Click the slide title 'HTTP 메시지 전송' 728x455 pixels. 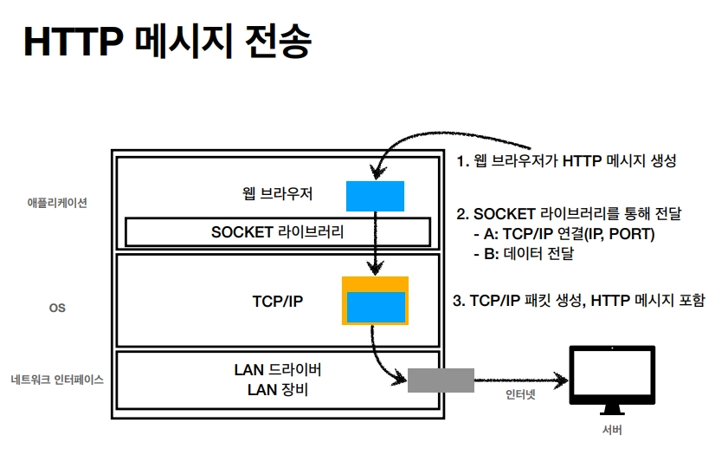click(x=167, y=42)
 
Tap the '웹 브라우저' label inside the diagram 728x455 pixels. click(x=278, y=193)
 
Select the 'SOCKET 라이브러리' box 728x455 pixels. click(x=278, y=232)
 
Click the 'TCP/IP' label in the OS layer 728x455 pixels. click(x=278, y=301)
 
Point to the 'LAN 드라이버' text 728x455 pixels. click(x=278, y=369)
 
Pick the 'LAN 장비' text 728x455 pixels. click(x=278, y=389)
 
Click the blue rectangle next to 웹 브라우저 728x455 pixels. click(x=375, y=196)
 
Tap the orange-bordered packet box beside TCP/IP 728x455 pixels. click(x=375, y=301)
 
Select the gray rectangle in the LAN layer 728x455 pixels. click(x=441, y=380)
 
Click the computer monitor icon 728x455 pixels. click(x=612, y=380)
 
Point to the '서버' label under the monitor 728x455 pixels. click(x=612, y=430)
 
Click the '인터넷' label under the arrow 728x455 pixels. click(x=520, y=394)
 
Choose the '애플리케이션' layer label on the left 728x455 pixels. click(x=57, y=203)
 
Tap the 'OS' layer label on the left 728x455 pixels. click(x=57, y=308)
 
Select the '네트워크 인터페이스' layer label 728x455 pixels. click(x=57, y=380)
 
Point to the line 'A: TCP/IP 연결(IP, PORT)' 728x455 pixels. click(x=564, y=234)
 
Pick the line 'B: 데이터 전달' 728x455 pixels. click(x=524, y=253)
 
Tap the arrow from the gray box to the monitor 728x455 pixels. click(x=521, y=380)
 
